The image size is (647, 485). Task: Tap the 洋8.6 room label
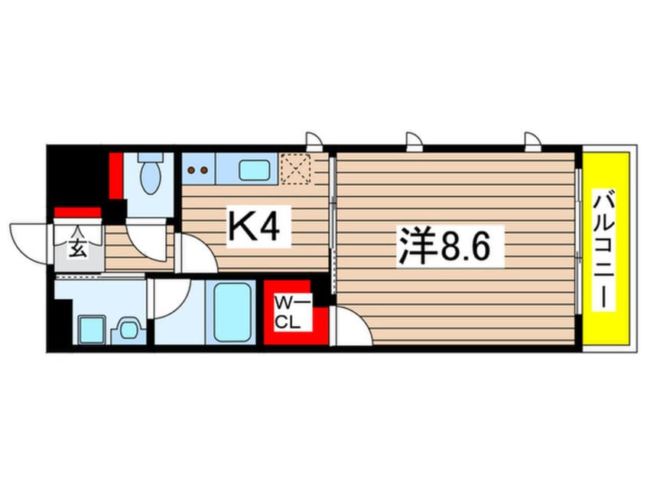pyautogui.click(x=450, y=246)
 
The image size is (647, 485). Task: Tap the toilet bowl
pyautogui.click(x=150, y=177)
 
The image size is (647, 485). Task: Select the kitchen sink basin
pyautogui.click(x=254, y=170)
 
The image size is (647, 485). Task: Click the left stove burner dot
pyautogui.click(x=191, y=171)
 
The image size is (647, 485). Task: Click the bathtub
pyautogui.click(x=233, y=313)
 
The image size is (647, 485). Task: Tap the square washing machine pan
pyautogui.click(x=91, y=330)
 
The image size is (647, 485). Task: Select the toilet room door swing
pyautogui.click(x=148, y=239)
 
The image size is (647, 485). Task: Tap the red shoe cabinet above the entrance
pyautogui.click(x=77, y=213)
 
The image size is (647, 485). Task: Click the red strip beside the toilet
pyautogui.click(x=117, y=176)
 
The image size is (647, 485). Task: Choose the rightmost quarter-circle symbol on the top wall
pyautogui.click(x=532, y=140)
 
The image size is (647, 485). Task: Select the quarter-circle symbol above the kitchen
pyautogui.click(x=314, y=140)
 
